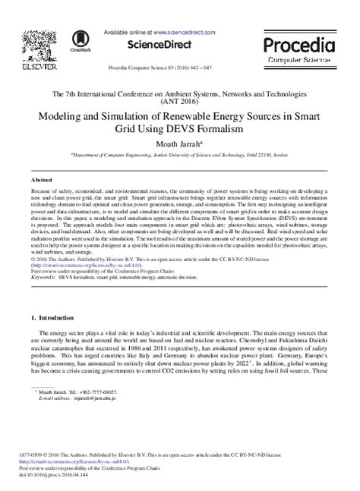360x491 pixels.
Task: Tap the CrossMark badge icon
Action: click(x=80, y=41)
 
